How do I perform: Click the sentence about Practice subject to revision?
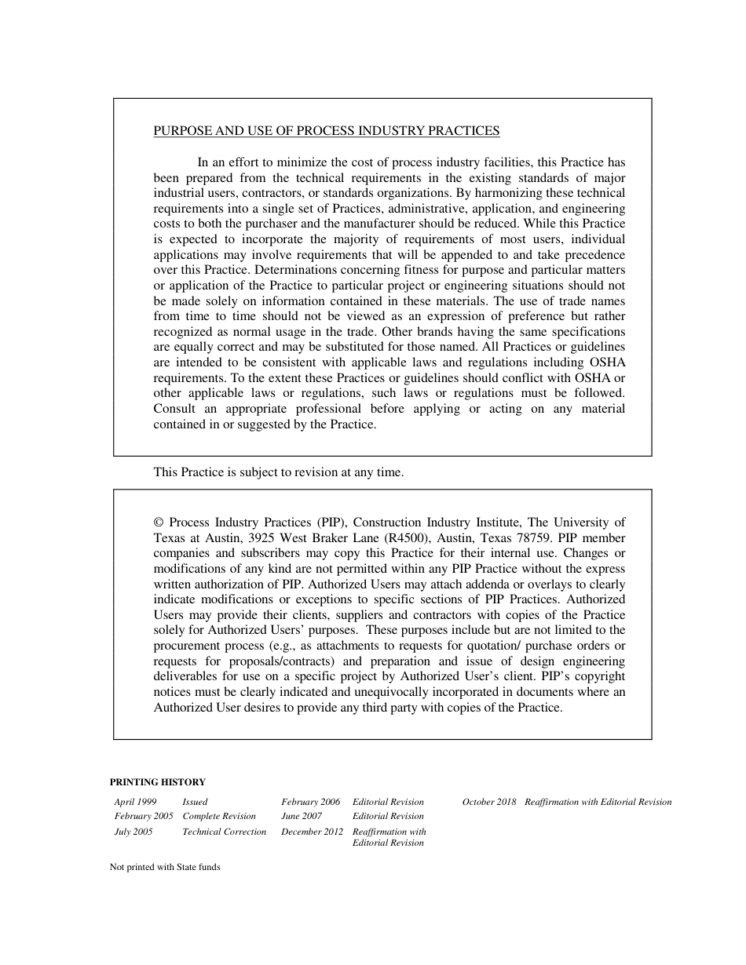pyautogui.click(x=278, y=472)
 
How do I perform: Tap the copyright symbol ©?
pyautogui.click(x=158, y=523)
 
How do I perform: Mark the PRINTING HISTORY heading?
pyautogui.click(x=157, y=782)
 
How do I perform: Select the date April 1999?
pyautogui.click(x=135, y=802)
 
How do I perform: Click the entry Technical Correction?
pyautogui.click(x=224, y=832)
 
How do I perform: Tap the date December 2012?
pyautogui.click(x=312, y=832)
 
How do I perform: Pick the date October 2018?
pyautogui.click(x=489, y=802)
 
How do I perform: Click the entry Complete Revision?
pyautogui.click(x=219, y=816)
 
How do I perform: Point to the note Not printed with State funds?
pyautogui.click(x=165, y=867)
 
